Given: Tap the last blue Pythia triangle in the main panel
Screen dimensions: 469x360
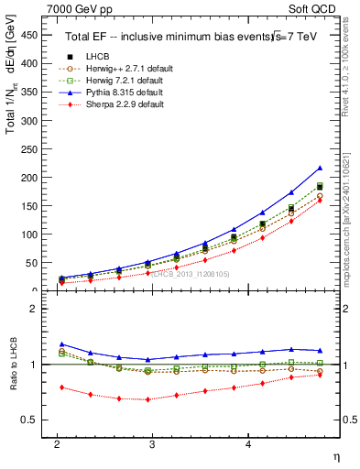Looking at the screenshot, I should coord(320,169).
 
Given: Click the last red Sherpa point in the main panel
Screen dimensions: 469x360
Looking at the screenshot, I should coord(320,200).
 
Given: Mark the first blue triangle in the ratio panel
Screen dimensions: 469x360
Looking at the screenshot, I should coord(61,344).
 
